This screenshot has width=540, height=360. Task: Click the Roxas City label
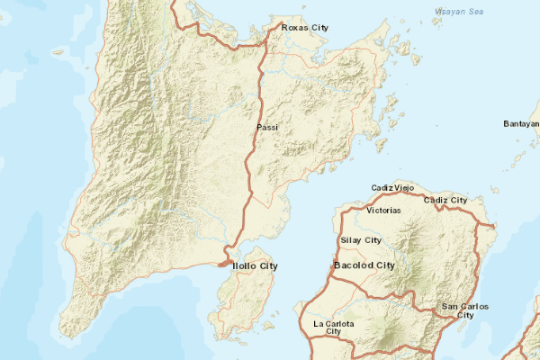point(305,28)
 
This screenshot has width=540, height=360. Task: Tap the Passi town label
point(267,128)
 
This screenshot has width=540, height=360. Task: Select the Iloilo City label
point(256,266)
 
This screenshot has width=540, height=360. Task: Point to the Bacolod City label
point(364,266)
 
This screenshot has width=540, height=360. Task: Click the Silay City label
point(361,240)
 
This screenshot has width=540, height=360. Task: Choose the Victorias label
point(384,211)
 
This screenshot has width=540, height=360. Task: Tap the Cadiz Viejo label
point(392,187)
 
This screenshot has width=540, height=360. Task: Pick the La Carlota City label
point(333,328)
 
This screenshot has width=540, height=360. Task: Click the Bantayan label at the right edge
point(521,123)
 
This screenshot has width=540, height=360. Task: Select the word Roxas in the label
point(296,28)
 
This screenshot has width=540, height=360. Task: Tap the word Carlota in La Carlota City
point(339,323)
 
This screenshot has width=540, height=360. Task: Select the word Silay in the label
point(351,240)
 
